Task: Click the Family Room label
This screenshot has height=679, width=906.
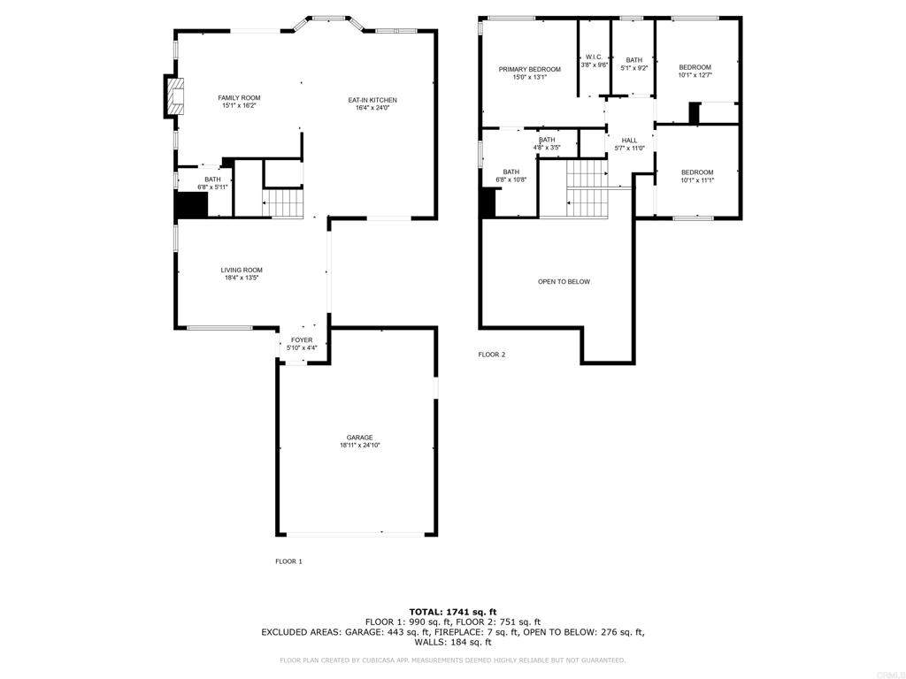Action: [x=239, y=98]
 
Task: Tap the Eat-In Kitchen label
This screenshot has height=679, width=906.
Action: [x=372, y=101]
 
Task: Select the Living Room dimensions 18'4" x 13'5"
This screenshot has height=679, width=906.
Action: [x=242, y=278]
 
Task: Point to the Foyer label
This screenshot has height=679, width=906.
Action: [x=302, y=340]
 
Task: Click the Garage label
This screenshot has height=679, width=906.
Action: [x=360, y=438]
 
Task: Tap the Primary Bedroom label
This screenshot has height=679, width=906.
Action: [x=530, y=70]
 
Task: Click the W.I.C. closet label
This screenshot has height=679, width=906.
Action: [x=594, y=57]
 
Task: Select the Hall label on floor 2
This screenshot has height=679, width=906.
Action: [x=629, y=141]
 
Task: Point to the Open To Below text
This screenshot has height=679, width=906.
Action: [x=564, y=282]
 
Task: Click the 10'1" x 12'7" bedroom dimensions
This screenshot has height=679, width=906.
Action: [x=695, y=75]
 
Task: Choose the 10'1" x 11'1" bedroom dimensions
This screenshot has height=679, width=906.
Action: [x=697, y=180]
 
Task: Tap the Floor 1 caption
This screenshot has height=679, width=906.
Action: [x=289, y=561]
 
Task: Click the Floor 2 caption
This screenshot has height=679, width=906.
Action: [x=492, y=355]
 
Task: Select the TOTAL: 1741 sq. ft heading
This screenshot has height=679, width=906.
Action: [x=453, y=612]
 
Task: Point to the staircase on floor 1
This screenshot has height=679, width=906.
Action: [x=282, y=203]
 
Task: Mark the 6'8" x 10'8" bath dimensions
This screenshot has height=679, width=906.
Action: [x=511, y=180]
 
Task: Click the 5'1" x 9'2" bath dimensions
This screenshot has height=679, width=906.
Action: [x=634, y=68]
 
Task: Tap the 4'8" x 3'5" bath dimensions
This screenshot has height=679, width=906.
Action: [x=547, y=148]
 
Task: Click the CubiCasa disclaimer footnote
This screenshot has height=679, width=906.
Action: [x=452, y=660]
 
